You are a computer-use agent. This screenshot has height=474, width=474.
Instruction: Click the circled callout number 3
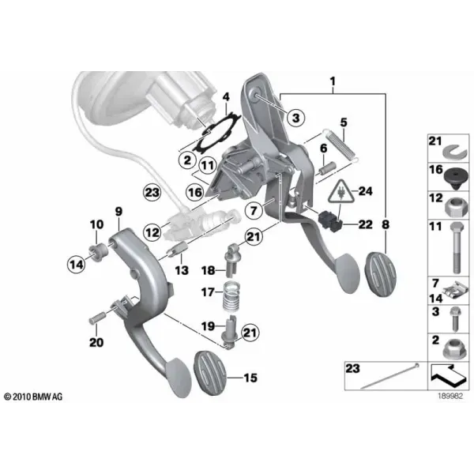[x=296, y=117]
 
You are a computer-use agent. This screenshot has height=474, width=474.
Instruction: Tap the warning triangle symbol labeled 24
[x=341, y=192]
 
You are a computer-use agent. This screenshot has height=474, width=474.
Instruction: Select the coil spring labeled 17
[x=231, y=296]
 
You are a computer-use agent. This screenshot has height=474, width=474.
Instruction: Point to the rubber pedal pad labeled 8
[x=381, y=275]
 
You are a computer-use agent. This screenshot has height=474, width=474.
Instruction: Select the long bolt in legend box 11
[x=456, y=247]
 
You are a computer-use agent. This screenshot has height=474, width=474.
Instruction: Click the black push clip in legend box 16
[x=456, y=179]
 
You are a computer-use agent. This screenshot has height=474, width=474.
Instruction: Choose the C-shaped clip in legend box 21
[x=456, y=151]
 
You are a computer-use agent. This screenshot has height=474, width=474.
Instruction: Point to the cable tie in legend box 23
[x=390, y=375]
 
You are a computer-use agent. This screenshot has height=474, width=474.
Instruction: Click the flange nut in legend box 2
[x=456, y=349]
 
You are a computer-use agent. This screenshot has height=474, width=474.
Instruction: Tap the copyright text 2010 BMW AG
[x=33, y=397]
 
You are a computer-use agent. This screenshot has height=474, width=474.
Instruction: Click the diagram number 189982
[x=450, y=396]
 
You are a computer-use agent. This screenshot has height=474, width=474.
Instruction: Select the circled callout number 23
[x=152, y=192]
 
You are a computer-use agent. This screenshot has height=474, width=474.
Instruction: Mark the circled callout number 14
[x=76, y=265]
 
